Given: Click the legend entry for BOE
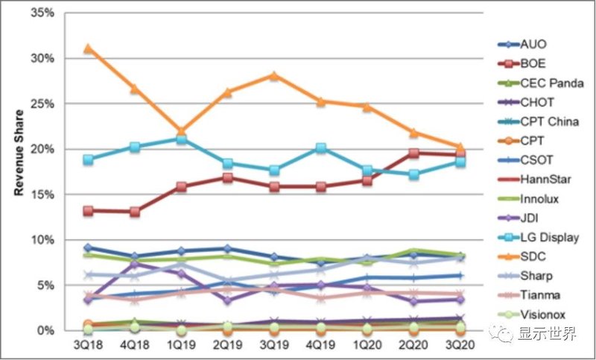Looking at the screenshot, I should click(535, 63).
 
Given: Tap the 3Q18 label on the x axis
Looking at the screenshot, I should click(89, 345).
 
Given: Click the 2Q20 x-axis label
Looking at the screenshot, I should click(413, 345).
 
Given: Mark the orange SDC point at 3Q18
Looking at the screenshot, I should click(89, 48).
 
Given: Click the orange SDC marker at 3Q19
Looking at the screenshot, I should click(274, 75).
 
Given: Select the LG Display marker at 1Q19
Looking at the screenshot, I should click(181, 139).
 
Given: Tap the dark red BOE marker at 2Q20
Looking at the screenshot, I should click(413, 153).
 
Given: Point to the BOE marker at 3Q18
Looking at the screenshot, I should click(89, 211).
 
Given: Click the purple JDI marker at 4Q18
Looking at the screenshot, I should click(135, 264).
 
